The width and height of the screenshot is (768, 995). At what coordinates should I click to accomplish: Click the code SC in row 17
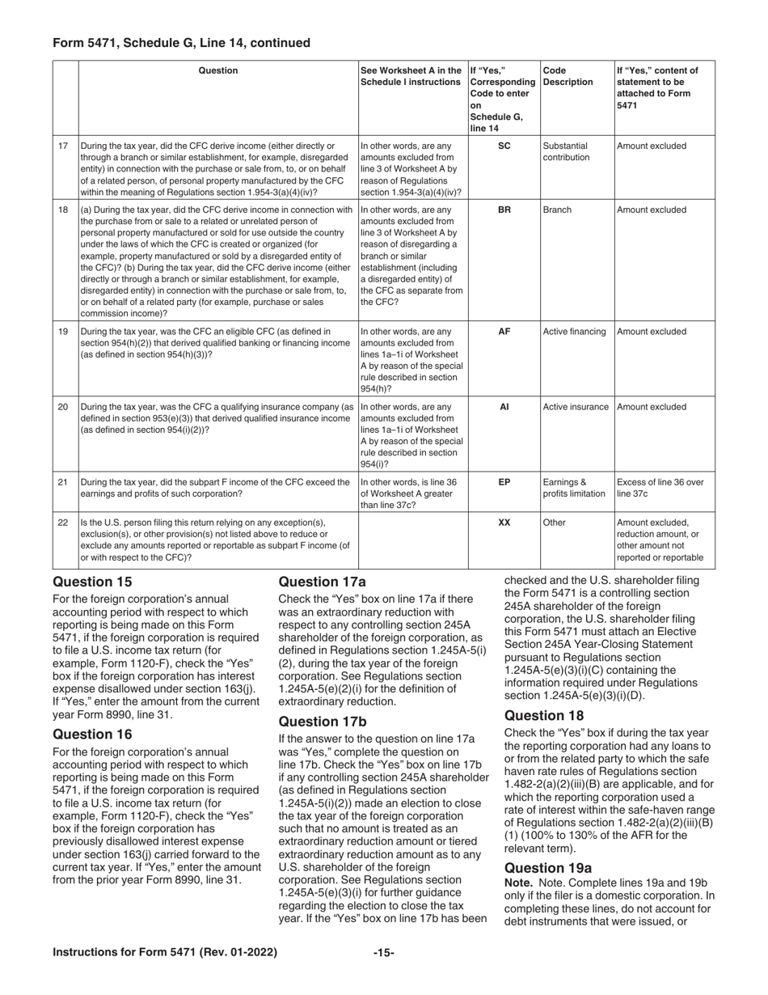tap(504, 146)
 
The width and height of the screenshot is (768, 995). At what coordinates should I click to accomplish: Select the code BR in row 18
tap(504, 210)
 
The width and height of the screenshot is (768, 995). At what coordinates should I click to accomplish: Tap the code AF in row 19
tap(504, 332)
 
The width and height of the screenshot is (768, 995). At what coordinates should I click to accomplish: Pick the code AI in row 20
tap(504, 407)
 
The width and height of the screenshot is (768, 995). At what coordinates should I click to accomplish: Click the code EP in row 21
tap(504, 482)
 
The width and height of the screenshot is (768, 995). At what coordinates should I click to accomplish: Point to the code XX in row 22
tap(504, 523)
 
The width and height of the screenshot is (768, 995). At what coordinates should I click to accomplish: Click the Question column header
tap(218, 70)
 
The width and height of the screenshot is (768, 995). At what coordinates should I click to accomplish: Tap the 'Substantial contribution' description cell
tap(568, 152)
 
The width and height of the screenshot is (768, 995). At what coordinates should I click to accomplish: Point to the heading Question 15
tap(92, 582)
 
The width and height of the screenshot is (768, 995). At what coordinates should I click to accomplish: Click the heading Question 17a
tap(322, 582)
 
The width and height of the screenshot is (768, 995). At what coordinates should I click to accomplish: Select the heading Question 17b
tap(322, 722)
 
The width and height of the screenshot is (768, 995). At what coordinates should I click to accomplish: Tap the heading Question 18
tap(544, 716)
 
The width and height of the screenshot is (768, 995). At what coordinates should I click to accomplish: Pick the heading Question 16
tap(92, 734)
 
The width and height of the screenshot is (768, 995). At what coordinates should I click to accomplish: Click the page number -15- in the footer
tap(383, 953)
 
